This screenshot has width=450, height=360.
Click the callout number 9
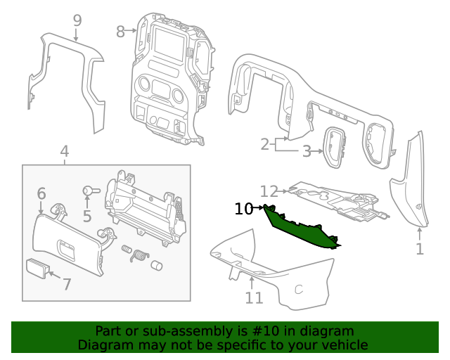(x=77, y=20)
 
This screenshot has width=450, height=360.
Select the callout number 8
(x=120, y=32)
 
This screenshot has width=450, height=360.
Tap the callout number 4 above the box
(x=64, y=151)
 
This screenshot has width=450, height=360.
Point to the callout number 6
(x=41, y=193)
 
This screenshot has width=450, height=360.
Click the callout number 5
(x=87, y=216)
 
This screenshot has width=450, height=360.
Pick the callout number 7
(x=67, y=284)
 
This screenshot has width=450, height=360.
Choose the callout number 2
(x=265, y=145)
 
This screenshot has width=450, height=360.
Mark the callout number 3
(x=307, y=150)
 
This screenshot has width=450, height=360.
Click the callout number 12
(x=269, y=191)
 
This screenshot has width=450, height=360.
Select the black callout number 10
(x=243, y=208)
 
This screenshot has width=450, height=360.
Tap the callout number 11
(x=254, y=297)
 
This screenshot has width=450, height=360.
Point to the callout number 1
(x=420, y=248)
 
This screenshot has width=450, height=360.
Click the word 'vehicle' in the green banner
(x=344, y=345)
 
